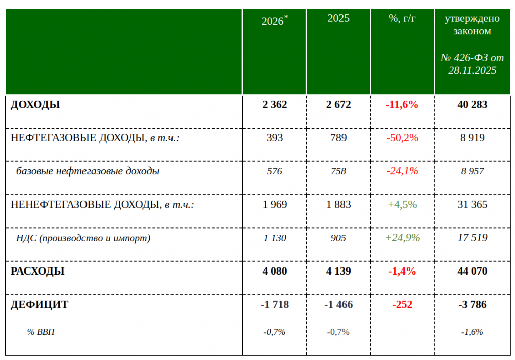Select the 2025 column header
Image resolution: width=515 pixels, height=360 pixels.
coord(338,18)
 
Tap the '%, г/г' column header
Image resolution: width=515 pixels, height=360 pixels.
coord(402,18)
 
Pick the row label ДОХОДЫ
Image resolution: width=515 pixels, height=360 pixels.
coord(35,105)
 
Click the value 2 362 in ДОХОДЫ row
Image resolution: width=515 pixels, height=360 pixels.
coord(275,105)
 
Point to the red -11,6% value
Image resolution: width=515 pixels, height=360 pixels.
coord(402,105)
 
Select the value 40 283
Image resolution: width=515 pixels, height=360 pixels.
coord(472,105)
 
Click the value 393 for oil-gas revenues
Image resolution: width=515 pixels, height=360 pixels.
coord(275,138)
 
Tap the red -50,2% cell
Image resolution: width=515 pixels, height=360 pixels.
coord(402,138)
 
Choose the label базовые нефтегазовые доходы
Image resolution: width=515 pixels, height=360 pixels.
coord(88,171)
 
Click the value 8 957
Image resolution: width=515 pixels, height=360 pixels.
coord(472,171)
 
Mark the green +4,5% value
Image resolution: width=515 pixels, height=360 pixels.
coord(402,205)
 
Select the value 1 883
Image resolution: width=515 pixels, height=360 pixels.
coord(338,205)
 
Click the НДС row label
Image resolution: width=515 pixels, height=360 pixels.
coord(83,238)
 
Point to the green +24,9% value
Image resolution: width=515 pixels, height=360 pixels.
coord(402,238)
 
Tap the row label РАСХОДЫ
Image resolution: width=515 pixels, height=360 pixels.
coord(38,272)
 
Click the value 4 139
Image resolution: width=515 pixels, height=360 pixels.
coord(338,272)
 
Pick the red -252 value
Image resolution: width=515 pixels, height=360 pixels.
coord(402,305)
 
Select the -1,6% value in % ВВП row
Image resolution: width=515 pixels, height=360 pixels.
coord(472,332)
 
